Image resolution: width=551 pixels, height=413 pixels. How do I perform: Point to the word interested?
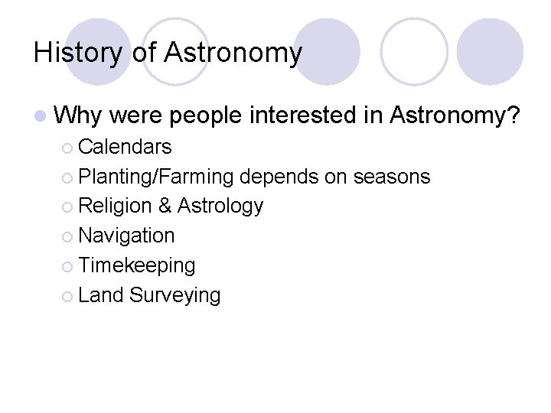pos(305,116)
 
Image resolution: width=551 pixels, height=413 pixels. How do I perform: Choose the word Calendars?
pos(125,146)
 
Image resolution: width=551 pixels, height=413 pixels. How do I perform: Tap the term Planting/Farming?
pos(155,177)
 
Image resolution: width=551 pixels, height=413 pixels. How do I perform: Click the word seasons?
pos(392,177)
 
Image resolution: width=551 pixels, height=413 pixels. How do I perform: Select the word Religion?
pos(115,206)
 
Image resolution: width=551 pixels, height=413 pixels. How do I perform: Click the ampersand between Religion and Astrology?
pos(164,206)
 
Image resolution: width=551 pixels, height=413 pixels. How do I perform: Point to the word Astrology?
pos(220,206)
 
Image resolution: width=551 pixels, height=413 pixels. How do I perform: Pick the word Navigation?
pos(126,236)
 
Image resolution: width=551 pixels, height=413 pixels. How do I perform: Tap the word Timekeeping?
pos(137,265)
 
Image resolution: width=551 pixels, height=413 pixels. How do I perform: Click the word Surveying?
pos(175,295)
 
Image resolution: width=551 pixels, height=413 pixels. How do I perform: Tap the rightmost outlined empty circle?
pos(414,51)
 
